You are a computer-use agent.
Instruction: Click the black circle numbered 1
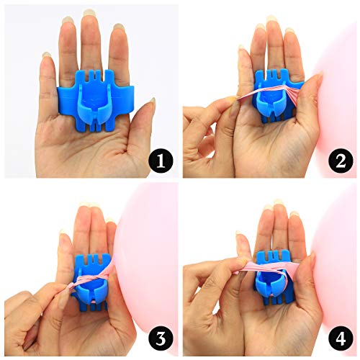point(161,161)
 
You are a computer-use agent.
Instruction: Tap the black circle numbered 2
point(341,161)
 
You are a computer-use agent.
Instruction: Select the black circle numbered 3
point(161,339)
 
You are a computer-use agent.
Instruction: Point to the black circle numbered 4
point(341,339)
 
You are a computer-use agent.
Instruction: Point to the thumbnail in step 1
point(152,104)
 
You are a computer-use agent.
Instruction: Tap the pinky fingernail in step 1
point(46,55)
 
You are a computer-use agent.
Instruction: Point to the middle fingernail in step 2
point(271,19)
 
